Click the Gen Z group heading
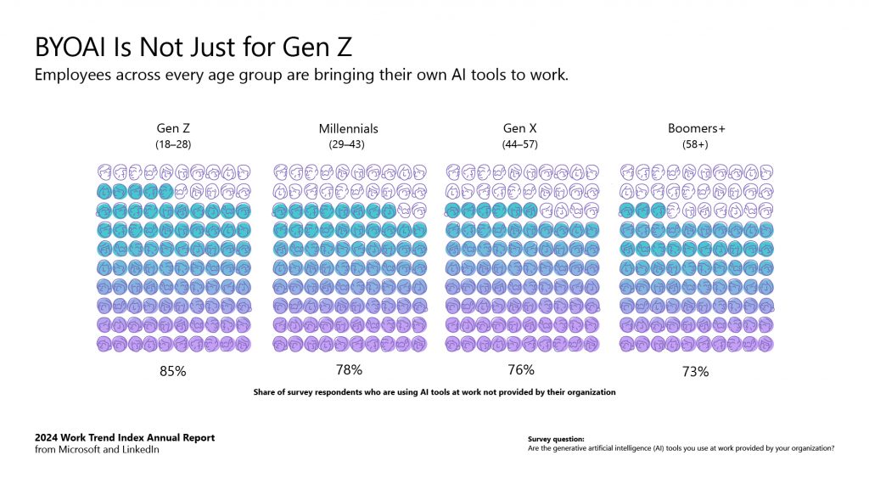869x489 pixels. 173,128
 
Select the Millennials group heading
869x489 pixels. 348,128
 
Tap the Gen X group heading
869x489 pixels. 519,128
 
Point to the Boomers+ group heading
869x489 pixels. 696,128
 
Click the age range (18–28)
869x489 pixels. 173,144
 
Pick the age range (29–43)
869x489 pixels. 348,144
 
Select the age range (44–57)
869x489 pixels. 519,144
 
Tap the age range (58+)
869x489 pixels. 696,144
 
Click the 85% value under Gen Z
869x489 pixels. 173,371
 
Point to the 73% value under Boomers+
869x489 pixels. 696,371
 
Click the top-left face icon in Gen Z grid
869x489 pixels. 104,171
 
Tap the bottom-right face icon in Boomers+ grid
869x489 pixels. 766,344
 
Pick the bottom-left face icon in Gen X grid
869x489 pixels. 453,344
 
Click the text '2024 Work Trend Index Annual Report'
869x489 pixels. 125,438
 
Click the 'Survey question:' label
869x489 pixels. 555,439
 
